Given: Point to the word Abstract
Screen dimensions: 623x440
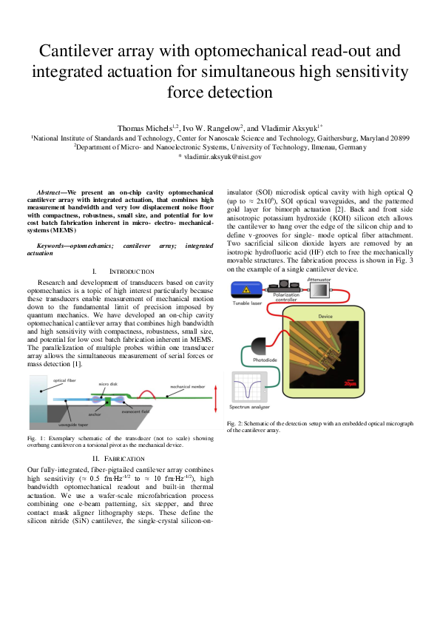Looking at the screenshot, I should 53,192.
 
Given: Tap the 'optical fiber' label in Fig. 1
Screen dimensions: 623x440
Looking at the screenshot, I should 64,380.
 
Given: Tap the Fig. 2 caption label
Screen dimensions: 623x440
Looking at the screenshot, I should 236,422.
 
